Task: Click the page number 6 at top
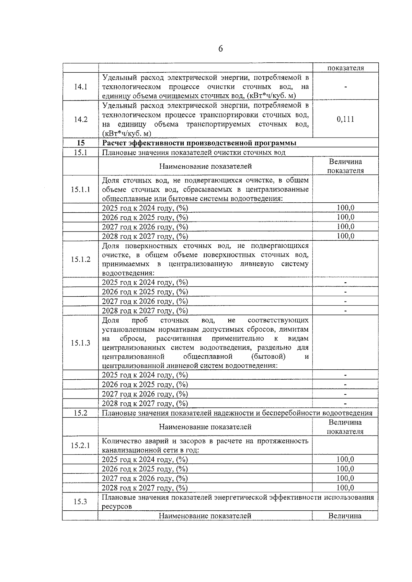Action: [220, 49]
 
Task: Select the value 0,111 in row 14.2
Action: [345, 119]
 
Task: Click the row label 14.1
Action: [81, 87]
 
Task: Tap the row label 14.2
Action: [81, 119]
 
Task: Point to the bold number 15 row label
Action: [81, 143]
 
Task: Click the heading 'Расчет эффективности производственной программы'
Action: [199, 143]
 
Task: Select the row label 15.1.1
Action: [81, 189]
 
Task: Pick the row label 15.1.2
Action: [81, 259]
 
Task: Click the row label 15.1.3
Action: [81, 343]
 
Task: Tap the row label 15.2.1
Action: [80, 446]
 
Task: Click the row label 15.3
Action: [80, 502]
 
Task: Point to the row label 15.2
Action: [80, 413]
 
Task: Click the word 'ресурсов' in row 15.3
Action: [117, 507]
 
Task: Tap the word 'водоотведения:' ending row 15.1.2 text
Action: [128, 273]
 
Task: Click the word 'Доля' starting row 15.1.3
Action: [110, 320]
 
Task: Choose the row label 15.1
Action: [80, 153]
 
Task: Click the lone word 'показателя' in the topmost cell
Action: [345, 68]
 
